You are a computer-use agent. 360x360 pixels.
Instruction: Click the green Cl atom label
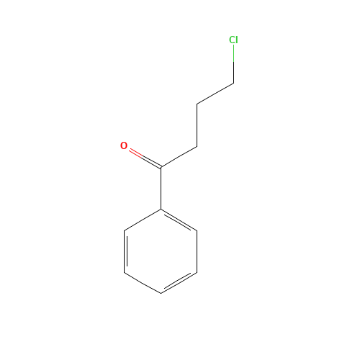click(233, 40)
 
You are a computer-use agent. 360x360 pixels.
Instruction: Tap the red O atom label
click(124, 145)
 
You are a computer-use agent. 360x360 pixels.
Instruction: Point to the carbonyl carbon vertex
click(161, 167)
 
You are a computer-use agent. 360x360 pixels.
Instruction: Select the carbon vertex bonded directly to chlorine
click(234, 84)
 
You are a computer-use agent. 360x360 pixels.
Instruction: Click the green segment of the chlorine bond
click(234, 53)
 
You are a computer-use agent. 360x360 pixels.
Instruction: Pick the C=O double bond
click(145, 158)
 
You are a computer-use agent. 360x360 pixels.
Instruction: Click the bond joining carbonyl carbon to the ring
click(161, 189)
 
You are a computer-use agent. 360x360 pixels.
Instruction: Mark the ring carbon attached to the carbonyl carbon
click(161, 210)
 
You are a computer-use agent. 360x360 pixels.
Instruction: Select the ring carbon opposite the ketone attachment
click(161, 293)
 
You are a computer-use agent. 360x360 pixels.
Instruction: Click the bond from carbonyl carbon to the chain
click(179, 157)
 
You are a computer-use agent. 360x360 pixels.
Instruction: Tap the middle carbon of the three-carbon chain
click(197, 104)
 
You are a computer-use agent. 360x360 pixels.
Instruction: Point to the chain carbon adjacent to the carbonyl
click(197, 146)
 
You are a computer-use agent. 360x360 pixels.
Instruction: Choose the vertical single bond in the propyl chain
click(197, 125)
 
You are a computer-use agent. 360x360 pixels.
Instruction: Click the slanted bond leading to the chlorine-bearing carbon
click(215, 94)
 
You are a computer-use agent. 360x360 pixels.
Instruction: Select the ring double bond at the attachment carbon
click(179, 220)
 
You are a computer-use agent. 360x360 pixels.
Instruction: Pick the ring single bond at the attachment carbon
click(143, 220)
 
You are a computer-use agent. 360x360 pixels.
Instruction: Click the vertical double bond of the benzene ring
click(125, 251)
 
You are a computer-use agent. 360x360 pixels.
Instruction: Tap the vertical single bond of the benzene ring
click(197, 251)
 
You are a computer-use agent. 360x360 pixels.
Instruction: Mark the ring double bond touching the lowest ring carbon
click(179, 283)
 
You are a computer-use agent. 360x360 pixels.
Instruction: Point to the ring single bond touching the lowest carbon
click(143, 283)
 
